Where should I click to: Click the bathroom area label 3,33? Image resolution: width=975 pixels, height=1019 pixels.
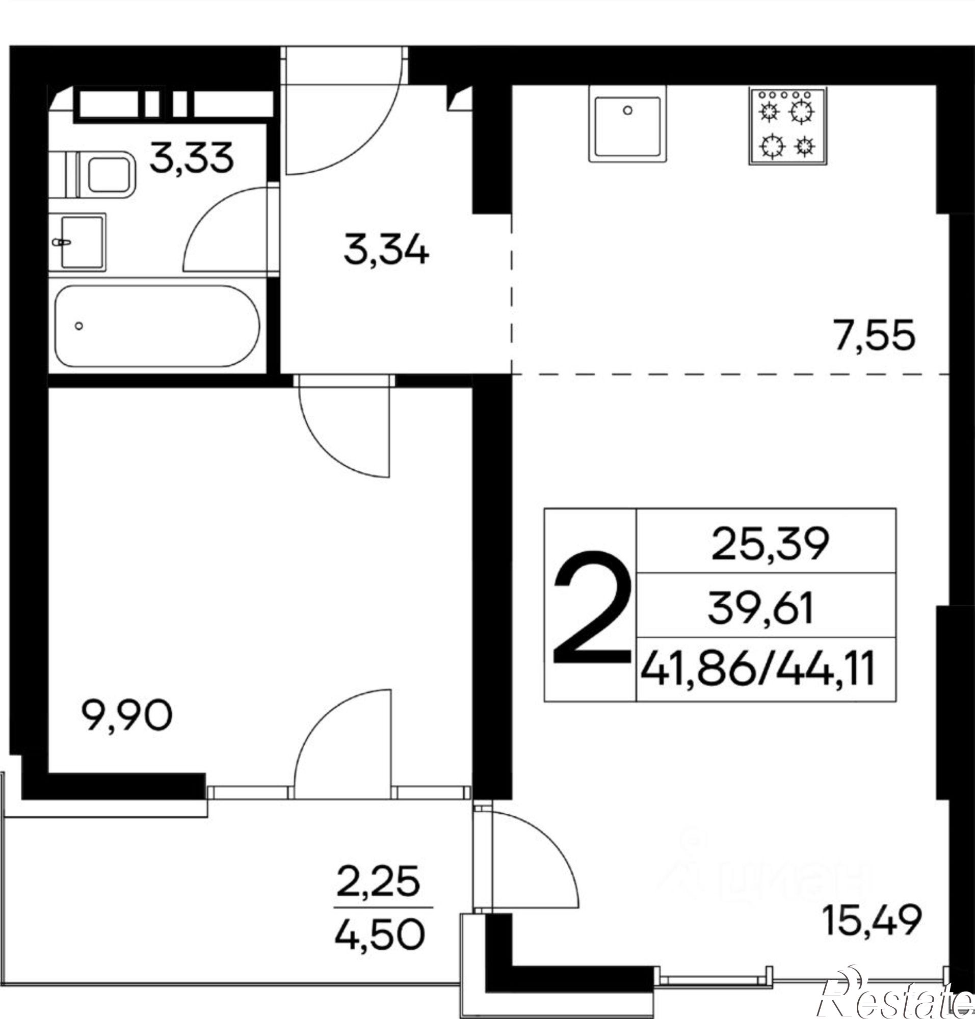tap(191, 158)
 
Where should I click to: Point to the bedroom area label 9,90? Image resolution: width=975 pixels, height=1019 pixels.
tap(127, 715)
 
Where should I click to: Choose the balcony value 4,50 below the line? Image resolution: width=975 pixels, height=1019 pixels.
tap(379, 934)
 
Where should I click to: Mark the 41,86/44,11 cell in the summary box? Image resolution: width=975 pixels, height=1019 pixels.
tap(758, 669)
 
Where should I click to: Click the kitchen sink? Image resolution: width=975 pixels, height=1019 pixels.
tap(627, 124)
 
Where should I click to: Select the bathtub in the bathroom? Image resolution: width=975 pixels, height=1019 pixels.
tap(156, 326)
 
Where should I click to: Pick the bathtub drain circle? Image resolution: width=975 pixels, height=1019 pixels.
tap(79, 326)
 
